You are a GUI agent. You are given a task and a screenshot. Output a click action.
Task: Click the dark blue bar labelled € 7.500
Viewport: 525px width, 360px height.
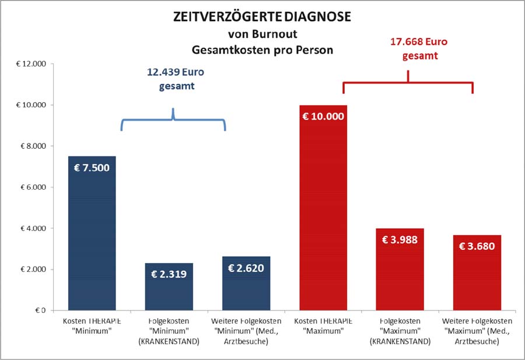point(92,233)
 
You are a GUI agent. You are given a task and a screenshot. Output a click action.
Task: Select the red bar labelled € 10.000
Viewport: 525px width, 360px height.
point(323,210)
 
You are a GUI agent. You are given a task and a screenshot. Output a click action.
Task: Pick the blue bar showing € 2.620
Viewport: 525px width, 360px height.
point(246,284)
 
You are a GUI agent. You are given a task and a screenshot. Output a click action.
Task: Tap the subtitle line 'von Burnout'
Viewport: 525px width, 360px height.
point(262,34)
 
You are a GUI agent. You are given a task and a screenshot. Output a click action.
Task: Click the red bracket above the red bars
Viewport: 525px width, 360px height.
point(408,85)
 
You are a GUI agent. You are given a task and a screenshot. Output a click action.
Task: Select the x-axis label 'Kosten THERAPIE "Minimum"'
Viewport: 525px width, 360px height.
point(92,326)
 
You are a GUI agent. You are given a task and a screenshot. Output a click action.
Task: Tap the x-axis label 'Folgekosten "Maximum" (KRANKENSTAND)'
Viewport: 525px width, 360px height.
point(400,331)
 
